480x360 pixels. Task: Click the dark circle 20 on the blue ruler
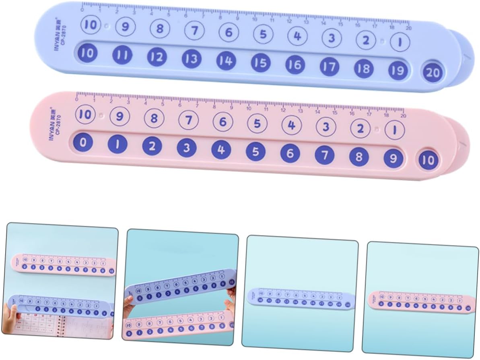point(433,73)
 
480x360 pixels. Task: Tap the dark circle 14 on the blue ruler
point(226,61)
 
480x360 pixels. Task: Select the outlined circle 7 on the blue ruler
point(194,30)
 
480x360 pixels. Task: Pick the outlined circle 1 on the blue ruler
point(400,42)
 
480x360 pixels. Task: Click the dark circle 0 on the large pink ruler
point(83,143)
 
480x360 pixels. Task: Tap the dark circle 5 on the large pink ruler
point(256,152)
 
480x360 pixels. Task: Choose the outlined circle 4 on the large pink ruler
point(292,125)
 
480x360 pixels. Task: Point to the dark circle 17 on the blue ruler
point(329,66)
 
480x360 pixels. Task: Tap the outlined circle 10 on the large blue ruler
point(91,25)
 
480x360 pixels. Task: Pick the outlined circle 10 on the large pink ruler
point(85,114)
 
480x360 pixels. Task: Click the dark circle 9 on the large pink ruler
point(393,158)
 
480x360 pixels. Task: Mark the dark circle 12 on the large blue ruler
point(157,57)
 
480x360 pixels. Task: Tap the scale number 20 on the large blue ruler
point(408,28)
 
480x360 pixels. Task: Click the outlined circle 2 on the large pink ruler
point(360,129)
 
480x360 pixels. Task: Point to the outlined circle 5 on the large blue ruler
point(263,34)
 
